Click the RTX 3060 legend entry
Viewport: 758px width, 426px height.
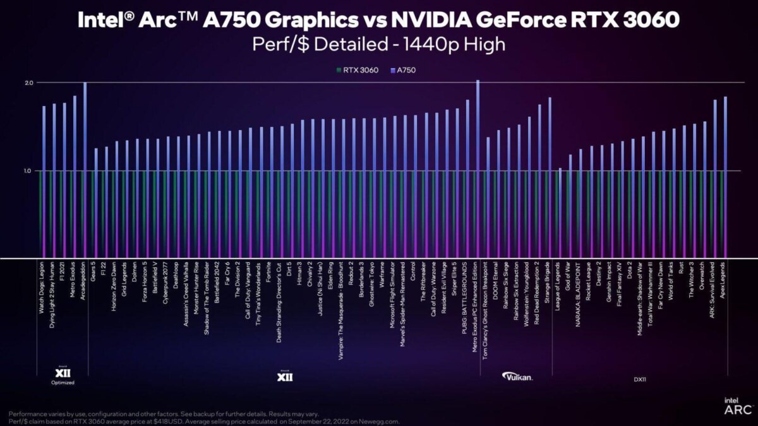click(x=360, y=70)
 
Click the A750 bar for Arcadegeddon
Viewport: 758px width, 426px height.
click(x=85, y=170)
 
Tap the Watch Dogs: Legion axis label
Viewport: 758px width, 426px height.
click(x=42, y=294)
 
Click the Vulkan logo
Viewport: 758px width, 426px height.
click(x=517, y=377)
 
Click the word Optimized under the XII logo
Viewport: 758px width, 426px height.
click(x=63, y=382)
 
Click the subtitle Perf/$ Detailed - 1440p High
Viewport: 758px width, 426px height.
click(x=379, y=45)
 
